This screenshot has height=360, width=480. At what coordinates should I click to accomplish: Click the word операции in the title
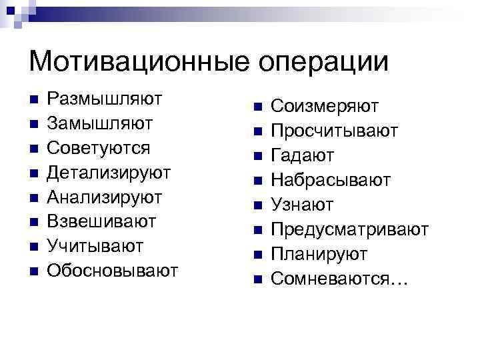[x=316, y=63]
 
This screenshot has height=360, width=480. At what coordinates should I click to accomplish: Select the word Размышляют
[x=105, y=99]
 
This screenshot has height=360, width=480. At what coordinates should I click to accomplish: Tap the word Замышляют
[x=101, y=123]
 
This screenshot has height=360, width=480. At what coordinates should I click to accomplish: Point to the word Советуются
[x=99, y=147]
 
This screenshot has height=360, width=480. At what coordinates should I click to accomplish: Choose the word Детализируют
[x=109, y=172]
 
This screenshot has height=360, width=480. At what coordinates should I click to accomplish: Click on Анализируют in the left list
[x=105, y=197]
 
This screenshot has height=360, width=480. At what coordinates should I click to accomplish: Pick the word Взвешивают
[x=103, y=221]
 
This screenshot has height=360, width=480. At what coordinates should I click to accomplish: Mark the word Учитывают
[x=96, y=246]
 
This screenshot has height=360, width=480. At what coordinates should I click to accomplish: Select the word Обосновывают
[x=113, y=271]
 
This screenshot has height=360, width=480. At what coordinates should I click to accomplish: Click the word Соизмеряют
[x=325, y=106]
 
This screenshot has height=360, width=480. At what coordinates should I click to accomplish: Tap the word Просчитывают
[x=335, y=131]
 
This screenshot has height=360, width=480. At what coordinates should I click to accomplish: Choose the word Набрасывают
[x=331, y=180]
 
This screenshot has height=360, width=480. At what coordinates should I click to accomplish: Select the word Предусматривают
[x=350, y=229]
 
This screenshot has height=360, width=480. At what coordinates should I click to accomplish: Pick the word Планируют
[x=319, y=254]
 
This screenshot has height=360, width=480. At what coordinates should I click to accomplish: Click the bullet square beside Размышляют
[x=35, y=99]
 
